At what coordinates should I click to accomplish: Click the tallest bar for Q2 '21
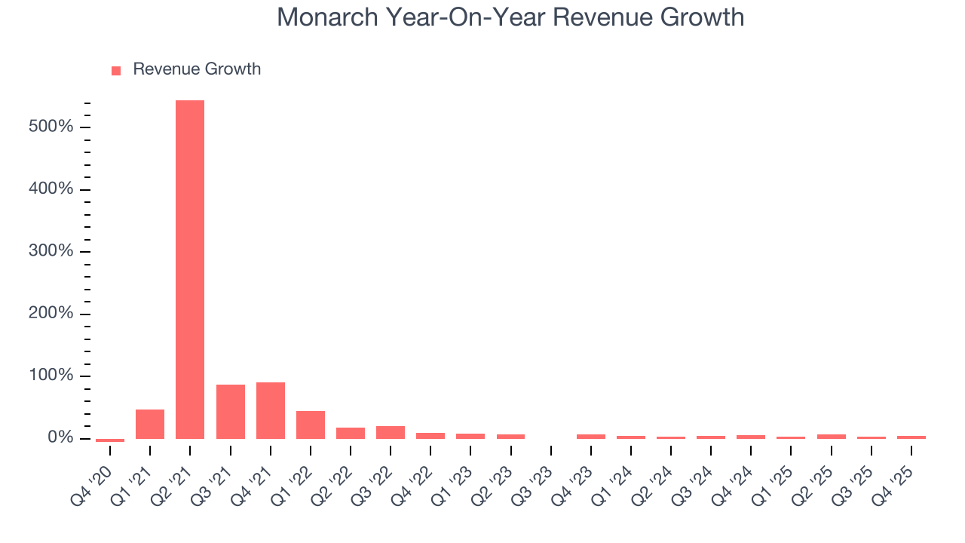point(190,269)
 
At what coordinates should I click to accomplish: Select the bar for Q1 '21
point(150,424)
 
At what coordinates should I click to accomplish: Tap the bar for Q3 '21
point(230,411)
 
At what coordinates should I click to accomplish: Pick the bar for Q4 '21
point(271,410)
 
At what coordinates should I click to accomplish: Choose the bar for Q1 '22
point(311,425)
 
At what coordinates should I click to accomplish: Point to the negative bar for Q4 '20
point(110,440)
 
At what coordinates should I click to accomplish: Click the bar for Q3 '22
point(391,432)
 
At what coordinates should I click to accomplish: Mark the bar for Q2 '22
point(351,433)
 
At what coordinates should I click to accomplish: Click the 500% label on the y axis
point(51,127)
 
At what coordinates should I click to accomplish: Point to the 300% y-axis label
point(51,251)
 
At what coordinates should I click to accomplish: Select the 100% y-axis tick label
point(51,376)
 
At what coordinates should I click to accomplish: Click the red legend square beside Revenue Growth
point(116,70)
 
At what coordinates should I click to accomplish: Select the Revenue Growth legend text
point(197,69)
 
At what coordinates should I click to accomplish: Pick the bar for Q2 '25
point(831,436)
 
